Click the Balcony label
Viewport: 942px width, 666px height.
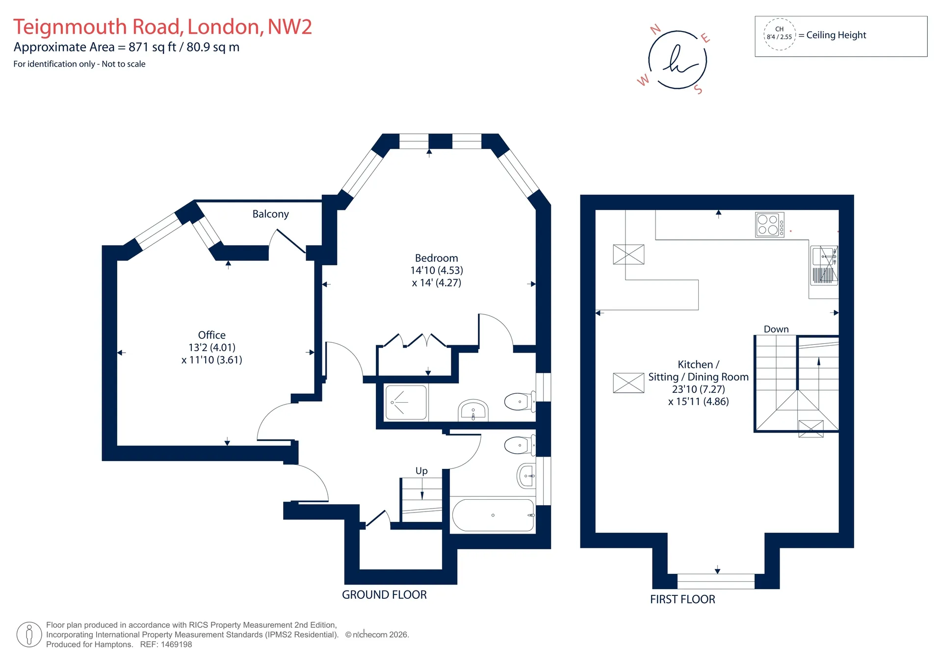coord(270,214)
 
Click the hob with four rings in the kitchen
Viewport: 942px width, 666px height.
coord(770,225)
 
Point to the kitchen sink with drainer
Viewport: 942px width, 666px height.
coord(824,265)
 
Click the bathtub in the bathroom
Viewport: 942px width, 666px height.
coord(493,515)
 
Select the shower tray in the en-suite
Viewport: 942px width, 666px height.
coord(406,403)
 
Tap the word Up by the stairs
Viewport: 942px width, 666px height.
coord(421,471)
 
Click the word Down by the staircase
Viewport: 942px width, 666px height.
coord(776,329)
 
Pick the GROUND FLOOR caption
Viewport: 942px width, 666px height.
coord(384,595)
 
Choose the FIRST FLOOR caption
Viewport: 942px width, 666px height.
coord(682,599)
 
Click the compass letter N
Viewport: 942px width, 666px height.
coord(655,30)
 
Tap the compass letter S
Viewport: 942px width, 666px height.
coord(698,89)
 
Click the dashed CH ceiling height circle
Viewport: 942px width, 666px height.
coord(779,33)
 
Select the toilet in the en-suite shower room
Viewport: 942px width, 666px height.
coord(520,402)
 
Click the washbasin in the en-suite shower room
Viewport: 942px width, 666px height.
coord(473,410)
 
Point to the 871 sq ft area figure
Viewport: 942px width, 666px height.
coord(152,48)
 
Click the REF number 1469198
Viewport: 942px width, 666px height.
coord(176,644)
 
